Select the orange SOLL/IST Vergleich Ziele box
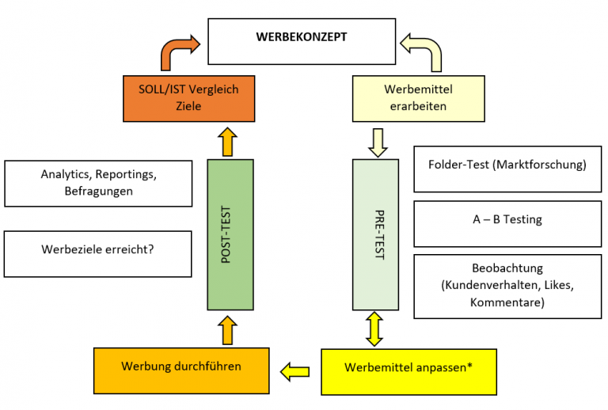pyautogui.click(x=189, y=98)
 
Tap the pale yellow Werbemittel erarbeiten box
pyautogui.click(x=417, y=98)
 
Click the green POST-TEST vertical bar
pyautogui.click(x=230, y=234)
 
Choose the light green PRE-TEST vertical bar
pyautogui.click(x=374, y=234)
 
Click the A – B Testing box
pyautogui.click(x=507, y=222)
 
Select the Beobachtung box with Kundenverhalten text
pyautogui.click(x=507, y=286)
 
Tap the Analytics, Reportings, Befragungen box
pyautogui.click(x=98, y=183)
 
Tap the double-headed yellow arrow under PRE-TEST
pyautogui.click(x=374, y=328)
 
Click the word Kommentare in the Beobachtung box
pyautogui.click(x=507, y=303)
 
